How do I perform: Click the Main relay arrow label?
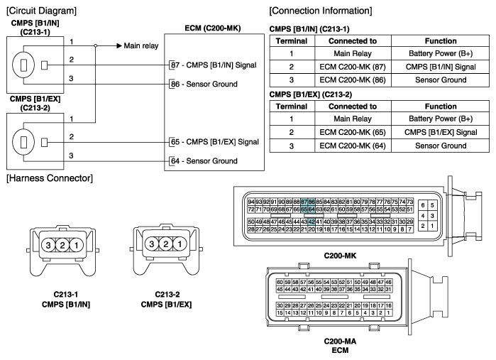(140, 46)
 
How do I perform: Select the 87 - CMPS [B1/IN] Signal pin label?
(214, 65)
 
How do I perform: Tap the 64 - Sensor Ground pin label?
(204, 161)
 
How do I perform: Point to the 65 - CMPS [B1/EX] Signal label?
(215, 142)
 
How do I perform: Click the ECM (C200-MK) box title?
(213, 28)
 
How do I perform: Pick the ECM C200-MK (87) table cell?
(353, 67)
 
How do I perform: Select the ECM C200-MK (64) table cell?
(353, 146)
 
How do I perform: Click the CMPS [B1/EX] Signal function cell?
(441, 132)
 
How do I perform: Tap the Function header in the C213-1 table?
(441, 41)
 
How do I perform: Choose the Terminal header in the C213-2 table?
(292, 107)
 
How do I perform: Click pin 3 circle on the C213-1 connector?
(48, 245)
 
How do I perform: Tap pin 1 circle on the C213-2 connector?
(180, 244)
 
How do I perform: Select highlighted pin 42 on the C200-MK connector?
(312, 222)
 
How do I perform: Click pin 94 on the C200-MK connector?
(251, 202)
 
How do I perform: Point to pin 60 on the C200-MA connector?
(280, 282)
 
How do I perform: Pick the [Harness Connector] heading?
(50, 178)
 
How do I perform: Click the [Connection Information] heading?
(321, 11)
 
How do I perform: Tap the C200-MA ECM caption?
(340, 346)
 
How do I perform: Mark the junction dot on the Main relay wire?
(96, 46)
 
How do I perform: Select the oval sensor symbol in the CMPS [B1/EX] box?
(23, 142)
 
